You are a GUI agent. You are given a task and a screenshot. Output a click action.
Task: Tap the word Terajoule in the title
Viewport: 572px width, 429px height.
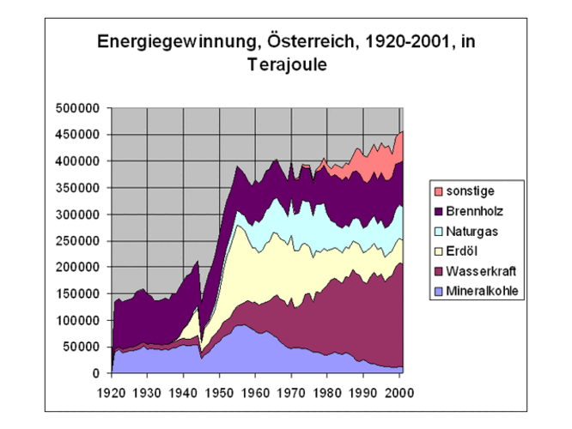(x=285, y=64)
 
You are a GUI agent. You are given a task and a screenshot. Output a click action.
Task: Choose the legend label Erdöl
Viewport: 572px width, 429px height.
(x=466, y=251)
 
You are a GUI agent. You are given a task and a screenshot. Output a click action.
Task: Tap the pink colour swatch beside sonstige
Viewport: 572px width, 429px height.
(x=439, y=190)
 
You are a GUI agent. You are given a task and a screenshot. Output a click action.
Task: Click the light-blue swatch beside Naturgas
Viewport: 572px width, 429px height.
(x=439, y=231)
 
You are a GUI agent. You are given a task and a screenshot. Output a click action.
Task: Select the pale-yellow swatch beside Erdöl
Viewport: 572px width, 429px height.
(x=439, y=251)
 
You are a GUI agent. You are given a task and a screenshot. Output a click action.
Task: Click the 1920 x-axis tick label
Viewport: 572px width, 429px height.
(x=111, y=392)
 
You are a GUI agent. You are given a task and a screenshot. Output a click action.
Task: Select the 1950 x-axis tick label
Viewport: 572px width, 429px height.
(x=219, y=392)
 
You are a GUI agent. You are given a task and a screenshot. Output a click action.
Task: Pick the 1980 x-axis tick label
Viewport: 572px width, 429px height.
(x=327, y=392)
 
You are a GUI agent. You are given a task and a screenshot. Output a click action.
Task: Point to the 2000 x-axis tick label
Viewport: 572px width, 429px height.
(x=399, y=392)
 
